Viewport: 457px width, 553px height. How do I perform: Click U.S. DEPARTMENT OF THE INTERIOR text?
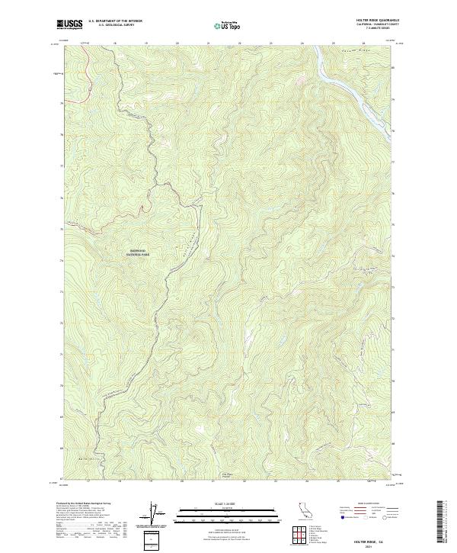112,21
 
